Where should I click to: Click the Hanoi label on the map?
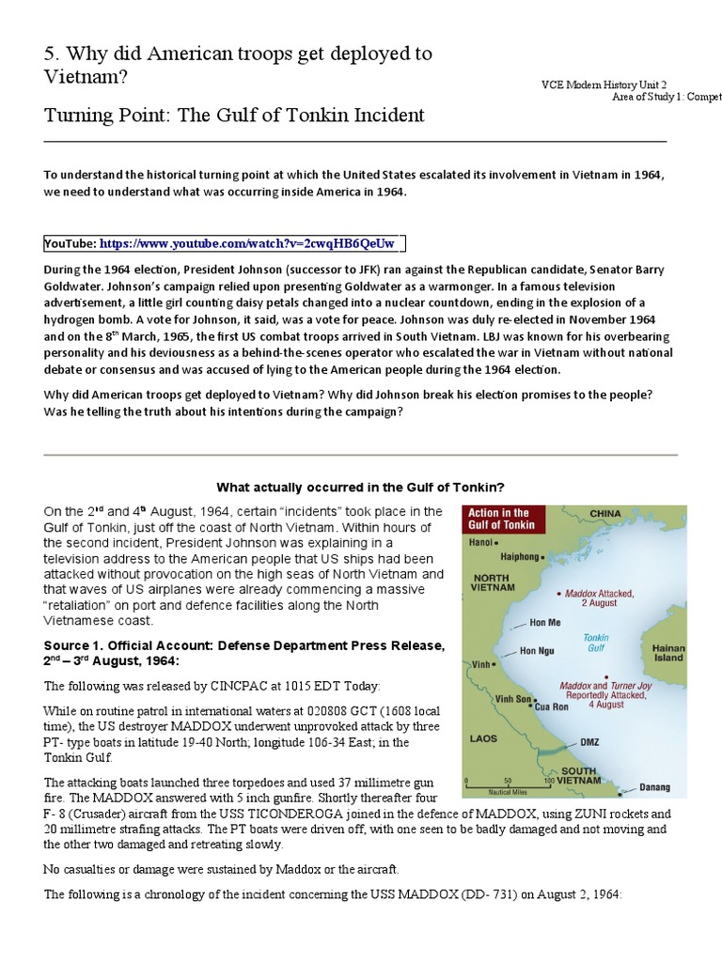[x=480, y=543]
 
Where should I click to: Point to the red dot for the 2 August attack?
[x=558, y=594]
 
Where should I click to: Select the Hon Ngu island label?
[x=538, y=651]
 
